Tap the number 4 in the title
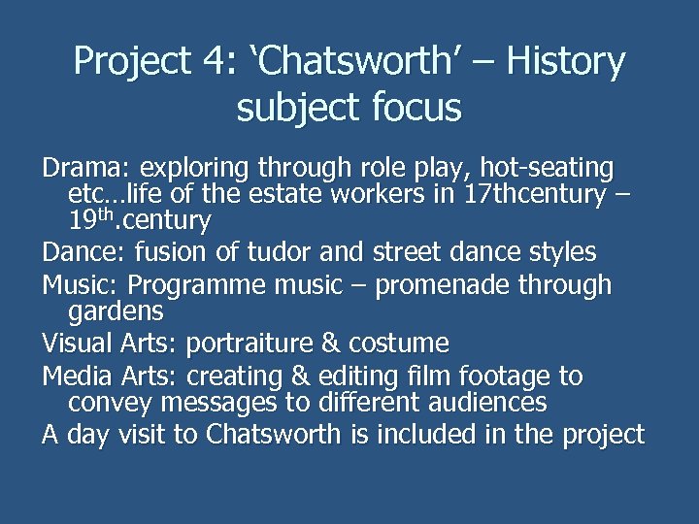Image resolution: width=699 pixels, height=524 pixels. [214, 62]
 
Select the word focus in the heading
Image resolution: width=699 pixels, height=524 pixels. [415, 108]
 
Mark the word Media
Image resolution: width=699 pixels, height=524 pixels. [74, 376]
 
